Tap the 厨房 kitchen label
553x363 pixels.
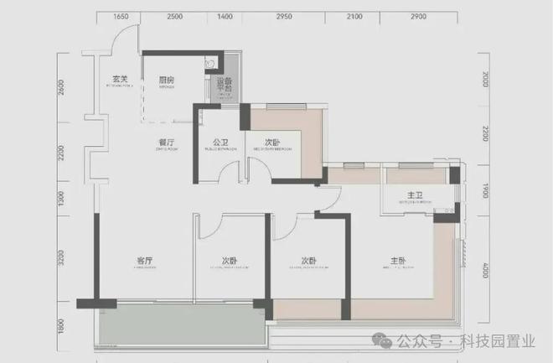pos(167,80)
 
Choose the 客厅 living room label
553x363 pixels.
pos(145,261)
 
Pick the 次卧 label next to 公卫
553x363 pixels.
pos(272,143)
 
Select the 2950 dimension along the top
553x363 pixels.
pos(284,16)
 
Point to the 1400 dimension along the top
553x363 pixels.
pos(225,16)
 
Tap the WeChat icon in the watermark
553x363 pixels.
pos(382,342)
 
